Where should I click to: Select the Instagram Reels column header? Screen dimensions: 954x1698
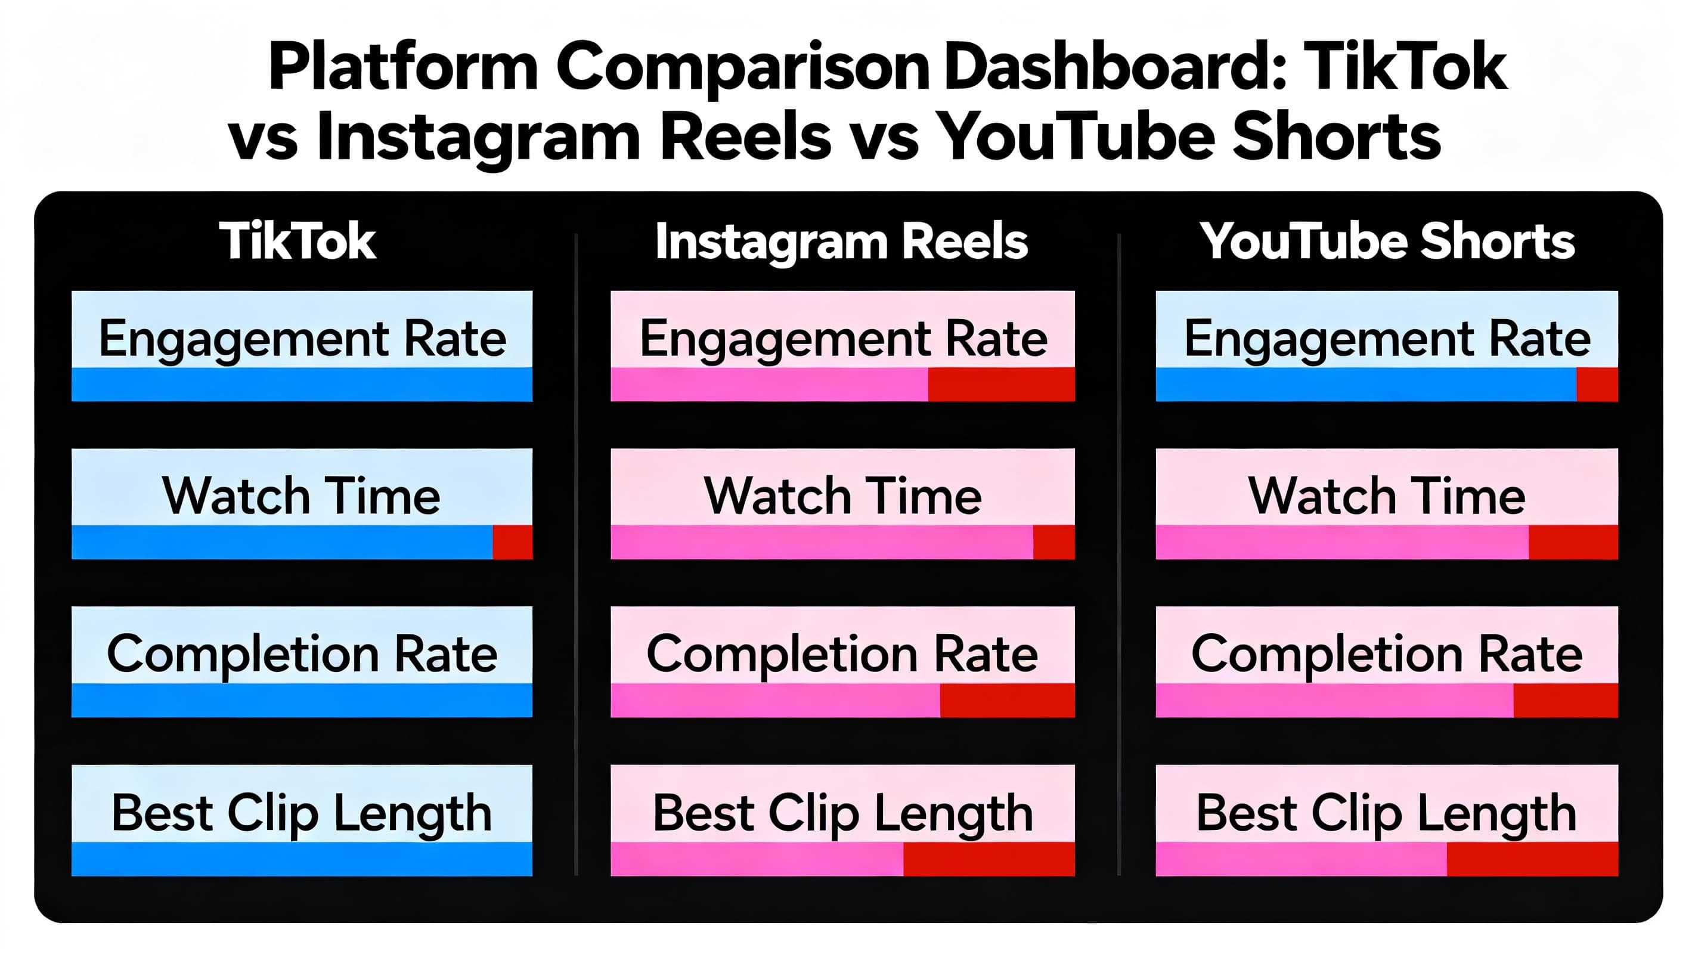click(841, 241)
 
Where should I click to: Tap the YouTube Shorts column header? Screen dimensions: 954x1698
click(1386, 241)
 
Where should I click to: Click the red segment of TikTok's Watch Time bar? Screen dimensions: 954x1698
click(512, 542)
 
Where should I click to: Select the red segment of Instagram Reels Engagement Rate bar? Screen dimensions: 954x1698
click(1000, 385)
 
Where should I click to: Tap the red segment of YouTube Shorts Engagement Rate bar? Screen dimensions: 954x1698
click(1597, 385)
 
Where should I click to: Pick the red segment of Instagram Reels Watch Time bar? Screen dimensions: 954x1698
click(1053, 542)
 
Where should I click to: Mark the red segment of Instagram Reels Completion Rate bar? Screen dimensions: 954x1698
click(1006, 700)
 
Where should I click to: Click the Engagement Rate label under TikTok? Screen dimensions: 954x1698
click(302, 338)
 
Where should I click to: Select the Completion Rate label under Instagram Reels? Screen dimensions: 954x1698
click(842, 654)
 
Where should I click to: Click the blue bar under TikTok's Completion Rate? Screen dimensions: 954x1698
click(302, 700)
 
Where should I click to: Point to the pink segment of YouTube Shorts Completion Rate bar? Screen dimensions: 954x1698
click(1334, 700)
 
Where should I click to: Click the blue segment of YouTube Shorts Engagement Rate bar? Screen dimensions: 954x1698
click(1365, 385)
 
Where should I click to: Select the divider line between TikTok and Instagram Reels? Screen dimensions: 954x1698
click(576, 554)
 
